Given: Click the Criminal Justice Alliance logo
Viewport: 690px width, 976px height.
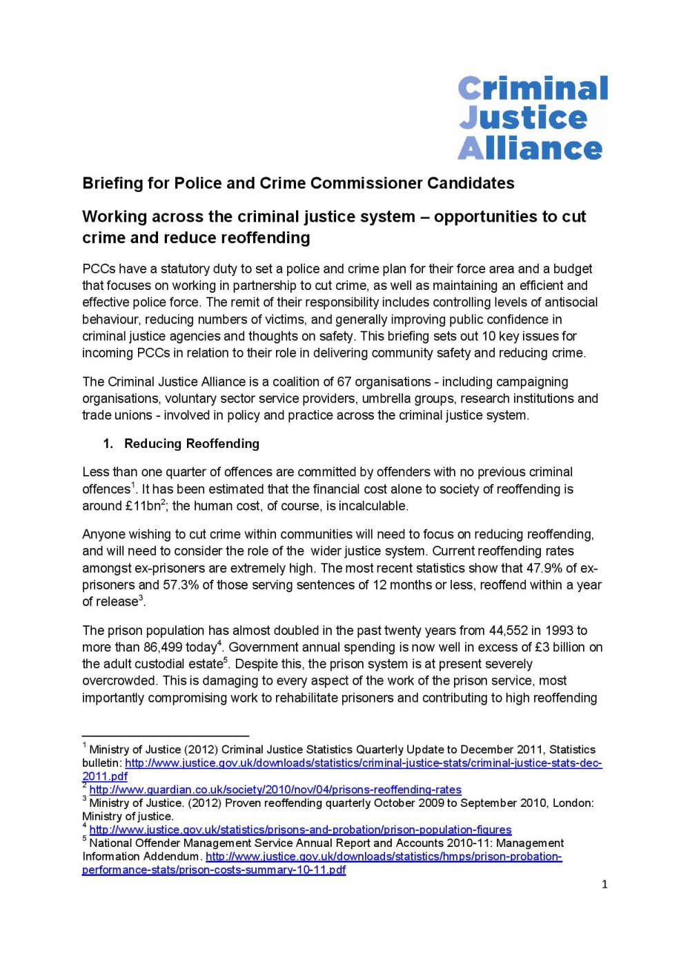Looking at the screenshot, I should [533, 118].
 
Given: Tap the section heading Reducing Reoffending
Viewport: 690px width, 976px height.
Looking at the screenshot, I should [192, 444].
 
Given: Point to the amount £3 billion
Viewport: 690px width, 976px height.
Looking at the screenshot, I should [561, 647].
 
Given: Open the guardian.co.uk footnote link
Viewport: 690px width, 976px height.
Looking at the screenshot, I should [275, 790].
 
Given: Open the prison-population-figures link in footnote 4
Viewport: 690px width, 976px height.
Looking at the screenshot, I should [300, 830].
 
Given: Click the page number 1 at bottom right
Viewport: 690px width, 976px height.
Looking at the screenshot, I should [604, 884].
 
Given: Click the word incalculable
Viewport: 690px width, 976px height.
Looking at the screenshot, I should [373, 506].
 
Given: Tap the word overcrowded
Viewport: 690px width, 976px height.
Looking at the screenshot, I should [118, 681].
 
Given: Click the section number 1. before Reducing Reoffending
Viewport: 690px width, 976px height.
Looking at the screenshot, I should [108, 444].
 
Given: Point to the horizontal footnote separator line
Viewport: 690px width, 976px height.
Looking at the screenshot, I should [165, 736].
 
